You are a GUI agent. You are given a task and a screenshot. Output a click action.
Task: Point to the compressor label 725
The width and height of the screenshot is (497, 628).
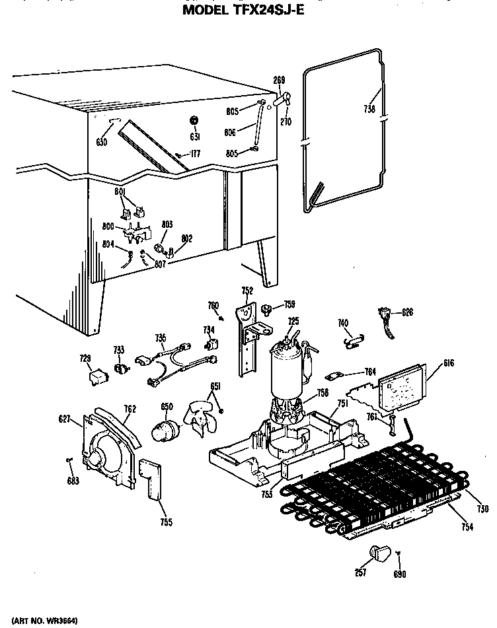click(293, 321)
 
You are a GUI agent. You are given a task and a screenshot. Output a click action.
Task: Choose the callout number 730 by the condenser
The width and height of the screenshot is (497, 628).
click(483, 508)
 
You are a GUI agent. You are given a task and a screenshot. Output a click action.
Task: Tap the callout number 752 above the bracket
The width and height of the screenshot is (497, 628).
click(247, 290)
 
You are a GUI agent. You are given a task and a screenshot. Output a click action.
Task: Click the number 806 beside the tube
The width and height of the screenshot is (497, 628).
click(230, 131)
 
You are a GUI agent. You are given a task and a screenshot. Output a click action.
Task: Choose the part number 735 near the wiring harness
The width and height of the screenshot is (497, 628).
click(160, 338)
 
